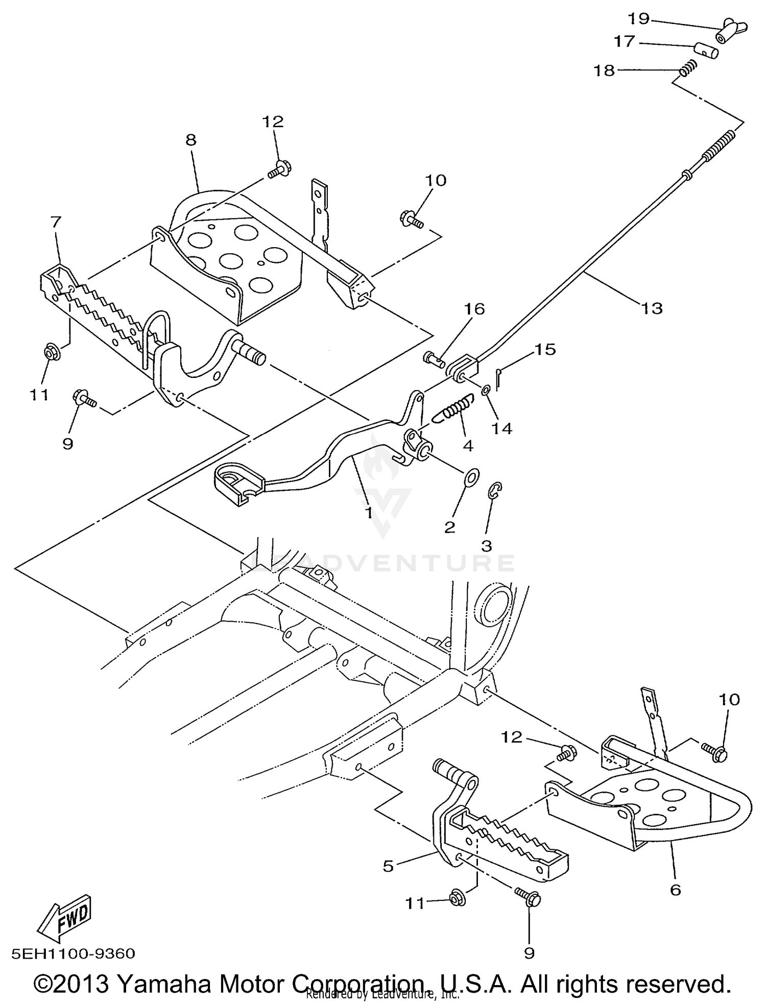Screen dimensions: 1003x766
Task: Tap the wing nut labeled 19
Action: coord(731,33)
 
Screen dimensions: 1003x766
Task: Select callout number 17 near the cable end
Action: coord(624,41)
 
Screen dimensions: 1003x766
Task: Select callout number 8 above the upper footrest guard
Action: coord(190,140)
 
